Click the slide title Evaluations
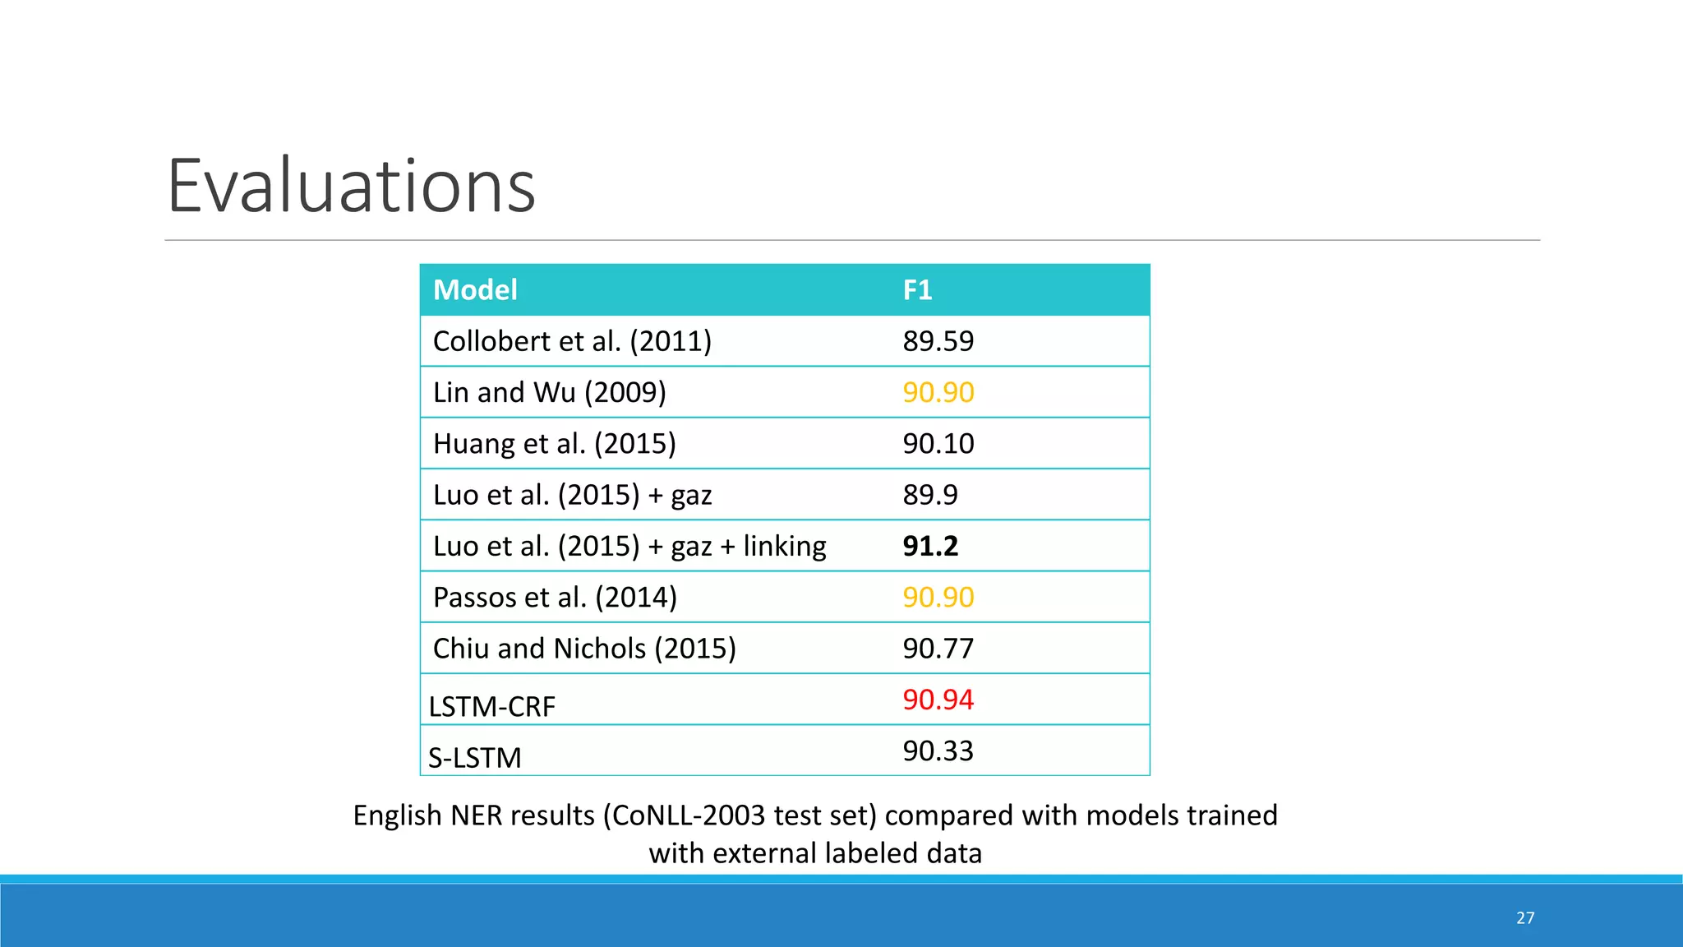[351, 187]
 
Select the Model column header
[475, 290]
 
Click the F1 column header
[917, 290]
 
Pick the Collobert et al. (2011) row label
[572, 341]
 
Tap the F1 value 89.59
[938, 341]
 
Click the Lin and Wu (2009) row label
[549, 393]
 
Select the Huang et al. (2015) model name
[554, 444]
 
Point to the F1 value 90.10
[938, 444]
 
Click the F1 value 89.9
[930, 495]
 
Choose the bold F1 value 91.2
[930, 546]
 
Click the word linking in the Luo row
[785, 546]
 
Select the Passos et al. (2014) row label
[555, 598]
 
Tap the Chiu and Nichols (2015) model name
[584, 649]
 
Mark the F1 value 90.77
[938, 649]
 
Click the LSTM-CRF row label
[491, 706]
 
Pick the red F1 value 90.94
[938, 700]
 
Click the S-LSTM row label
[475, 757]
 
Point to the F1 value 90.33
[938, 751]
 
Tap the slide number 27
[1525, 918]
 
